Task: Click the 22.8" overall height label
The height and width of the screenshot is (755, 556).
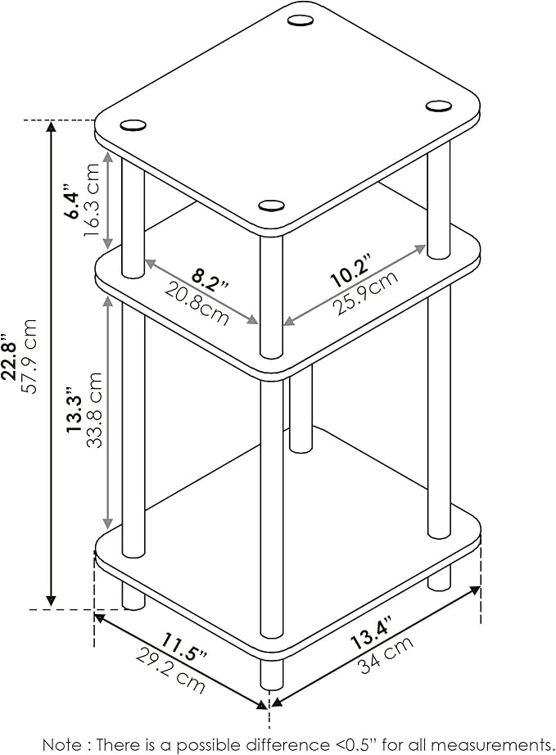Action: [11, 356]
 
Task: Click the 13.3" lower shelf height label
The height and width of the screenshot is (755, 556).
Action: [75, 409]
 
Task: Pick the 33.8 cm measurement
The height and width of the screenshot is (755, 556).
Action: [93, 409]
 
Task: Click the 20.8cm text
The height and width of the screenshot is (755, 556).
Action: [197, 303]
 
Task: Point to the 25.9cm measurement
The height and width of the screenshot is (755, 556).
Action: [367, 292]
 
